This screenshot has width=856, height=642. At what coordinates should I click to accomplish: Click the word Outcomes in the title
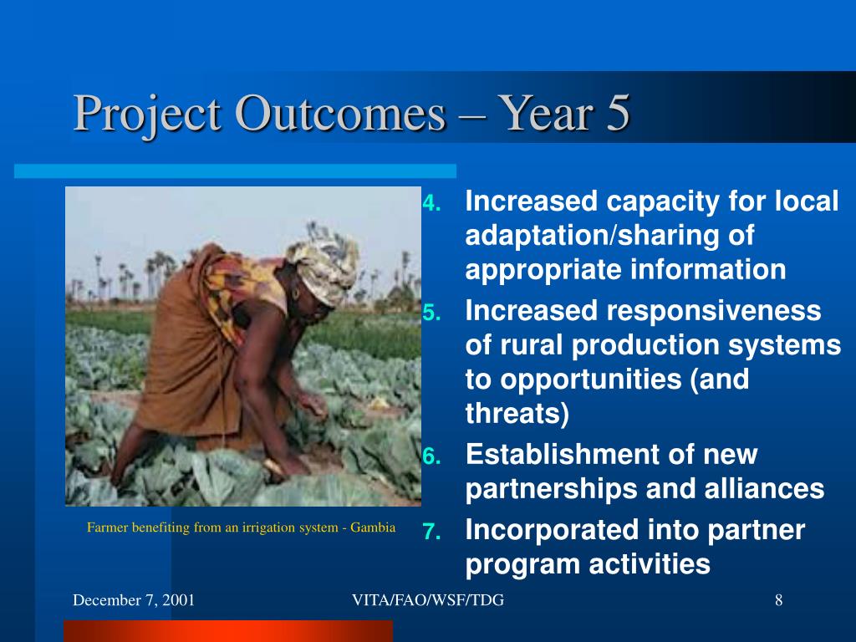point(341,113)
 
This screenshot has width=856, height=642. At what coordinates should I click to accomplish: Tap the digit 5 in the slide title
point(618,113)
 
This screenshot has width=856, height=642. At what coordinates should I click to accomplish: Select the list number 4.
point(432,203)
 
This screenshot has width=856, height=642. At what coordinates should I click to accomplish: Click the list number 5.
point(432,313)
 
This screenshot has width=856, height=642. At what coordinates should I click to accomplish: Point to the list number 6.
point(432,456)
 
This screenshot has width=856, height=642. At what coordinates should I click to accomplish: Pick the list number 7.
point(432,531)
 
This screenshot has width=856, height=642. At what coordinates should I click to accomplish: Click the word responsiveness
point(714,312)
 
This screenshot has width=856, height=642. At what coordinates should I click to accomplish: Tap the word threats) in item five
point(517,413)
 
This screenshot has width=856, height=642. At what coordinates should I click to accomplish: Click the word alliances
point(764,488)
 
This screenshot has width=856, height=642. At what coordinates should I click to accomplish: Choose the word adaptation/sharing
point(609,236)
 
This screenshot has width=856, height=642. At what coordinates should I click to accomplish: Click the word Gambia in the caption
point(373,527)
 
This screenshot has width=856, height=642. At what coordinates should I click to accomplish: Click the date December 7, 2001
point(134,600)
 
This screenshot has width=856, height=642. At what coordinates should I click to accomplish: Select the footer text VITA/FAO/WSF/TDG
point(428,600)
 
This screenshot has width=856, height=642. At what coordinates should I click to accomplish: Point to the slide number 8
point(779,600)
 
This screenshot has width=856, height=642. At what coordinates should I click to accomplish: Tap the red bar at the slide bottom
point(228,631)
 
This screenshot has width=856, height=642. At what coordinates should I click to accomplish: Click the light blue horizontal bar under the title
point(235,171)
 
